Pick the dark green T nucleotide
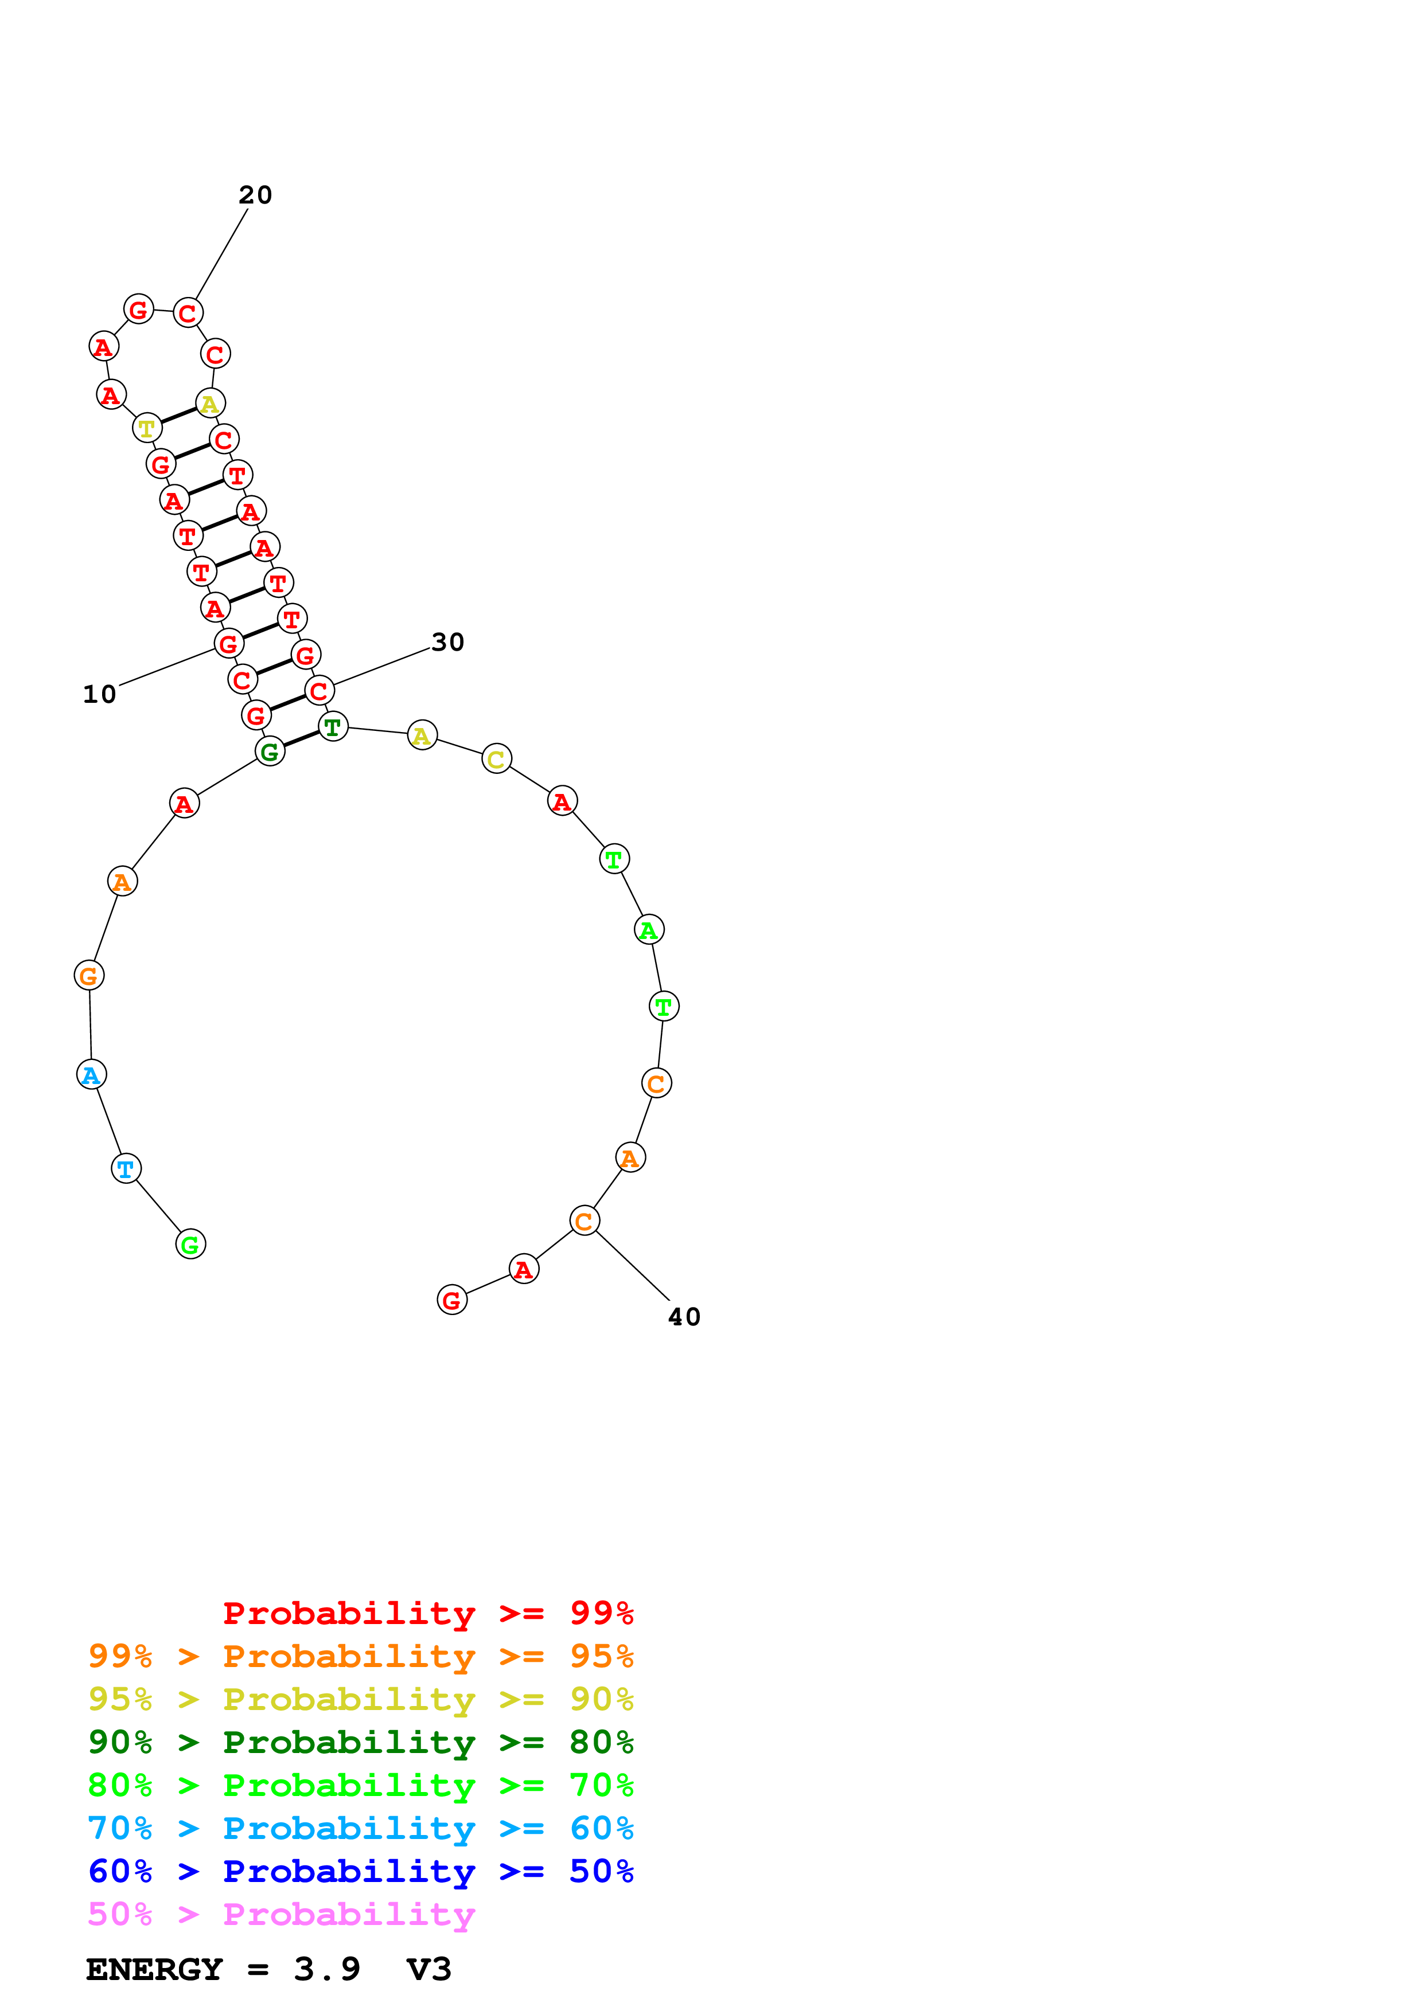point(333,726)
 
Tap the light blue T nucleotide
point(126,1168)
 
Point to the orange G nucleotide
point(88,975)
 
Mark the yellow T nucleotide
point(147,428)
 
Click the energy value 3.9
point(327,1969)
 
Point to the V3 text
point(428,1969)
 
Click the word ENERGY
point(154,1969)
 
